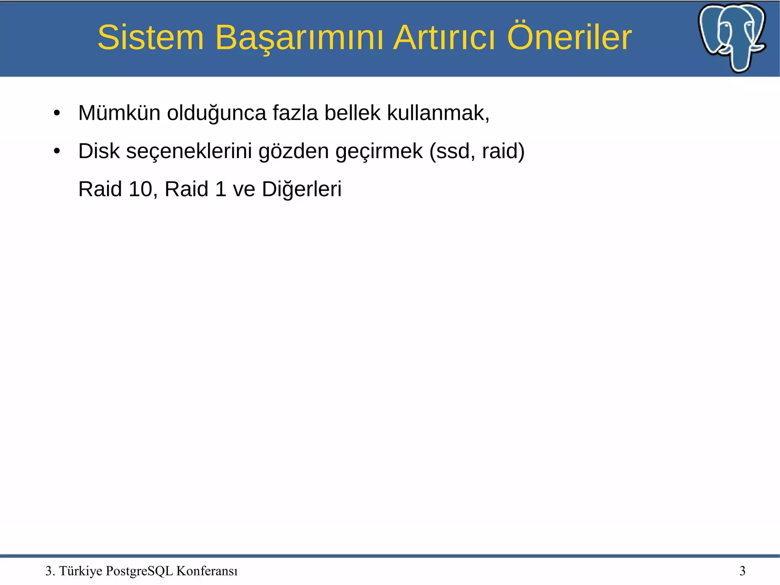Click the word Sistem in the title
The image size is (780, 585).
[151, 37]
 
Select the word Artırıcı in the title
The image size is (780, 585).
[444, 37]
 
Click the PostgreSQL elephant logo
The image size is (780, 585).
[732, 37]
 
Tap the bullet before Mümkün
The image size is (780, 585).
[57, 113]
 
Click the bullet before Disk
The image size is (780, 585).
[57, 151]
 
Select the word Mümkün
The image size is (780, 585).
[119, 113]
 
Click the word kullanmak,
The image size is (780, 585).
[438, 113]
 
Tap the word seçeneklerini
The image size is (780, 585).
[189, 151]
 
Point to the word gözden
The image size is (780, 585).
[293, 151]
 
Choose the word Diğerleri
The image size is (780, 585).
[302, 189]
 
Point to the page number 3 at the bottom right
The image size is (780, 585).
[742, 571]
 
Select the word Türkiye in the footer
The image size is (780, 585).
[81, 571]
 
